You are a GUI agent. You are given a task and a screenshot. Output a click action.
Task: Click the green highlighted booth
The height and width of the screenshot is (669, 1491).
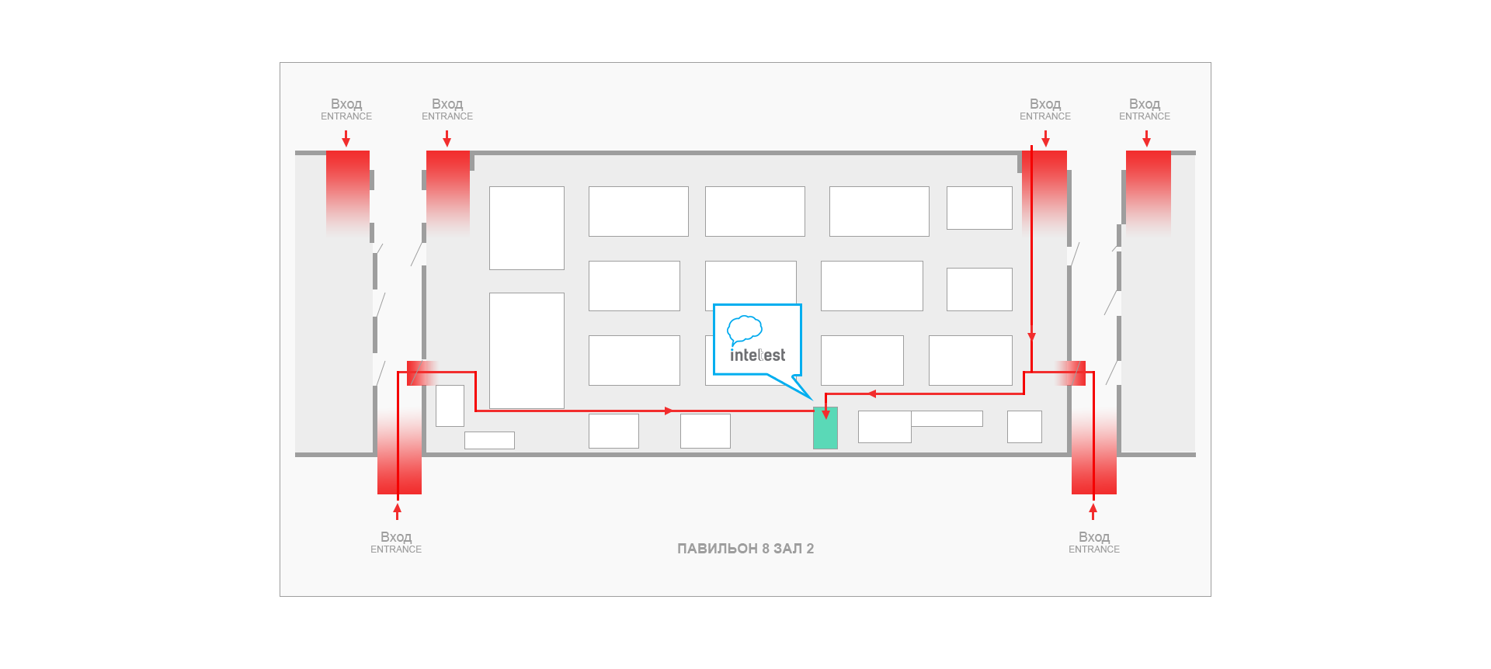click(x=825, y=428)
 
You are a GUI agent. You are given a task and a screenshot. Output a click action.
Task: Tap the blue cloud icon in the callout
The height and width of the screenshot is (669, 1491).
click(x=745, y=330)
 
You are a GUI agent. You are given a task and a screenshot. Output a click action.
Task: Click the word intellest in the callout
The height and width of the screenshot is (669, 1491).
click(x=757, y=355)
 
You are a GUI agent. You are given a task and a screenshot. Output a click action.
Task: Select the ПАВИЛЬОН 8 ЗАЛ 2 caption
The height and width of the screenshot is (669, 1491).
click(x=745, y=549)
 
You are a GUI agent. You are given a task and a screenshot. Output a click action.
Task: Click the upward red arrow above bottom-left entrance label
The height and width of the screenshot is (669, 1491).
click(x=398, y=511)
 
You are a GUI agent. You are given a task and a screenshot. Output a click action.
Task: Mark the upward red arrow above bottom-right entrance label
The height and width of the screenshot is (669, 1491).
click(x=1093, y=511)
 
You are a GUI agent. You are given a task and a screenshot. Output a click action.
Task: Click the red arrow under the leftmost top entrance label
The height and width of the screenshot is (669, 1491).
click(x=346, y=139)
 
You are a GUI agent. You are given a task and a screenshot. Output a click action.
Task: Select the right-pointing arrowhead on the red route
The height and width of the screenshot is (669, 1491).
click(x=669, y=411)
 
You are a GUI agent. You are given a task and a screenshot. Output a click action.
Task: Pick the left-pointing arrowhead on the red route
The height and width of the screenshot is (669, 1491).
click(x=872, y=393)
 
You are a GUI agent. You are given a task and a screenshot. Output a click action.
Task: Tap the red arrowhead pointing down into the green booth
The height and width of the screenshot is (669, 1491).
click(x=825, y=414)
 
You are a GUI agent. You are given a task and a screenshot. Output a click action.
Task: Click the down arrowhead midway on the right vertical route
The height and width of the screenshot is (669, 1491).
click(x=1031, y=337)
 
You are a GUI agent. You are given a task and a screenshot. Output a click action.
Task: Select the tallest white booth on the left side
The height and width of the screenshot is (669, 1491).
click(x=527, y=350)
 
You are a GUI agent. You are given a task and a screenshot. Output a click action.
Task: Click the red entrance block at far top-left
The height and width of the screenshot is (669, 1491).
click(x=348, y=193)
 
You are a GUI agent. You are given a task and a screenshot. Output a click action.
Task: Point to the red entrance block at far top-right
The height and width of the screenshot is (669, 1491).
click(x=1149, y=193)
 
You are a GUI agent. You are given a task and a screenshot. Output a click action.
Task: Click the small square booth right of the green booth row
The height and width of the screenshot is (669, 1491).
click(x=1024, y=427)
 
